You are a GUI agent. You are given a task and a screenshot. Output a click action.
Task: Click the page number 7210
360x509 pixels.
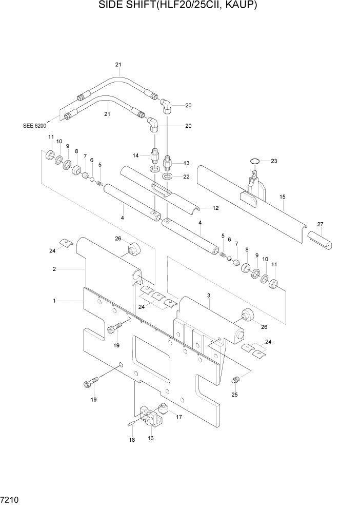coord(11,499)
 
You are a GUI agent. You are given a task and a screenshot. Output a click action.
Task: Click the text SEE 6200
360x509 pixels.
coord(34,125)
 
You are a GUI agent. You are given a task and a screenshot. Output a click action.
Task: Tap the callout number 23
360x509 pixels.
coord(274,161)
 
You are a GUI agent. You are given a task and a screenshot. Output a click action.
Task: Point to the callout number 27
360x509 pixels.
coord(320,224)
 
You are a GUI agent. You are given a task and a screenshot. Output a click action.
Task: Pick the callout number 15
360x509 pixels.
coord(282,197)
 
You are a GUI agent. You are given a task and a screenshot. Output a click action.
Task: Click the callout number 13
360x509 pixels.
coord(186,163)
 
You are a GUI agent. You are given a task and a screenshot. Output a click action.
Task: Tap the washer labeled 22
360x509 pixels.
coord(168,177)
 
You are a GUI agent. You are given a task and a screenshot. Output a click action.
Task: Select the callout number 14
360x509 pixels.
coord(136,155)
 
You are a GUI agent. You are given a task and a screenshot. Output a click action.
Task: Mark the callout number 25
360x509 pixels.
coord(235,395)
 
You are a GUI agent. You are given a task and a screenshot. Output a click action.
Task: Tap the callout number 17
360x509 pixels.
coord(179,417)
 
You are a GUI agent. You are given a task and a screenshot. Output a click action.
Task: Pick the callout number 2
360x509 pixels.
coord(54,268)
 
